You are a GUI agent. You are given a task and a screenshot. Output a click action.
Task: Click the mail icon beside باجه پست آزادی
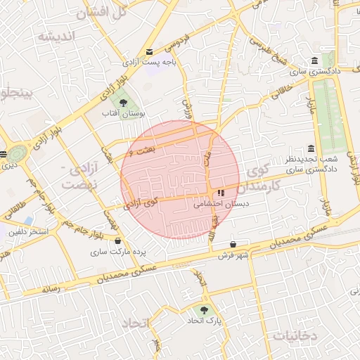[149, 52]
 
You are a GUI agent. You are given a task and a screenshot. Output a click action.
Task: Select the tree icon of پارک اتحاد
[205, 309]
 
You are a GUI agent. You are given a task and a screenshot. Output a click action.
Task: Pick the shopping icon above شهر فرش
[233, 244]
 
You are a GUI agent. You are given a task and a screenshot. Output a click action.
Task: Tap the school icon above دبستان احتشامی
[221, 193]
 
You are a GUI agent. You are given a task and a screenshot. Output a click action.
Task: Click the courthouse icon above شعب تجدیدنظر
[311, 148]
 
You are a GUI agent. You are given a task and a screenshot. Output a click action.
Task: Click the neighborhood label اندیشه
[56, 37]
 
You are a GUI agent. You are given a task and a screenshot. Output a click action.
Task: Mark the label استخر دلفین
[29, 231]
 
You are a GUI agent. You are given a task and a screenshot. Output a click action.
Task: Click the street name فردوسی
[172, 41]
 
